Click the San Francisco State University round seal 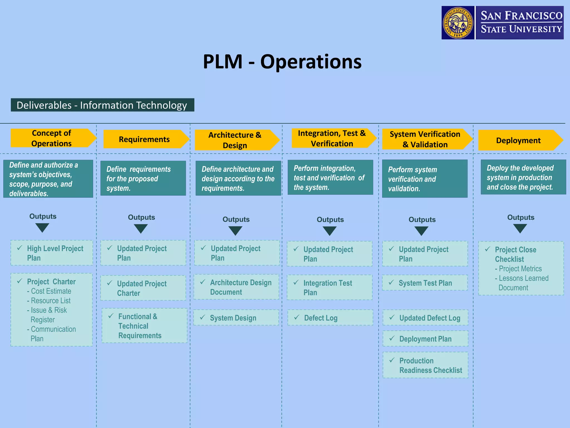pos(458,23)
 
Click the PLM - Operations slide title pos(282,62)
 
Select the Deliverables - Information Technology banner pos(102,105)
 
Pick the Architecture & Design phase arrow pos(235,140)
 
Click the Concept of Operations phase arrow pos(52,138)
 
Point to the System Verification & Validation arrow pos(425,139)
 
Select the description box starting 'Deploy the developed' pos(523,177)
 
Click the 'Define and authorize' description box pos(48,179)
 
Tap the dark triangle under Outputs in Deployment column pos(520,228)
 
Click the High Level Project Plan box pos(52,253)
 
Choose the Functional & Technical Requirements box pos(144,325)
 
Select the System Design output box pos(236,318)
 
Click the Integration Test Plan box pos(330,288)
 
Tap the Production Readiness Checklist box pos(425,365)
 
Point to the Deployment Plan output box pos(425,339)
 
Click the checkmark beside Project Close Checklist pos(488,249)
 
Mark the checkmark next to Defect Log pos(297,317)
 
